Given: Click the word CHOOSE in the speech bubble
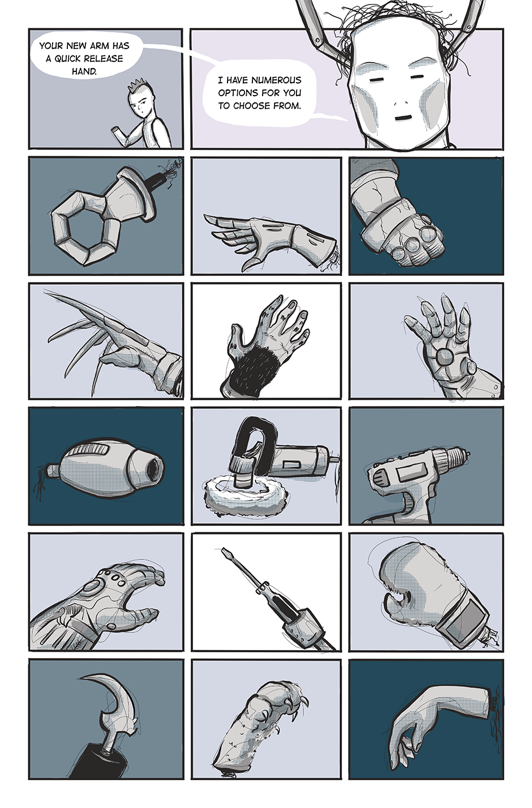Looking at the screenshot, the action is coord(256,106).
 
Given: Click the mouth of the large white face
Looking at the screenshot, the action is coord(404,118).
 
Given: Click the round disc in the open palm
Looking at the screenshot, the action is coord(444,356).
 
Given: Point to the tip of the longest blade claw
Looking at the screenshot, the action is coord(44,289).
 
